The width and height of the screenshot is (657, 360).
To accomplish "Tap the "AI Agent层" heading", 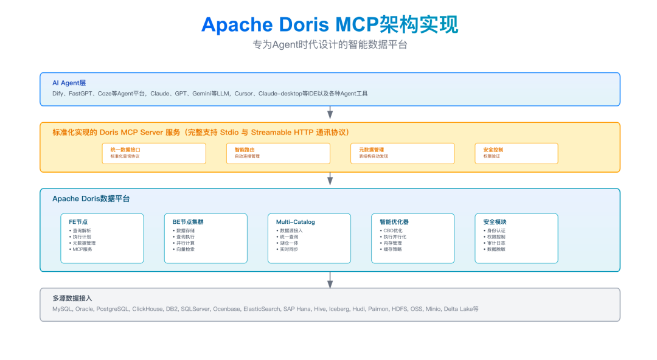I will [x=69, y=83].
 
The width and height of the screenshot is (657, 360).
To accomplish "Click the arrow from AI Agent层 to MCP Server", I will [x=330, y=113].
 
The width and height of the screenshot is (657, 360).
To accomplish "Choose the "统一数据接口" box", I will [x=154, y=153].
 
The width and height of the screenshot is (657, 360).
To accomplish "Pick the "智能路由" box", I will [x=278, y=153].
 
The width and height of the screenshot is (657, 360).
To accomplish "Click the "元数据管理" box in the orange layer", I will [x=402, y=153].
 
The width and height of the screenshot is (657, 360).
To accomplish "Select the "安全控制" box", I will [x=516, y=153].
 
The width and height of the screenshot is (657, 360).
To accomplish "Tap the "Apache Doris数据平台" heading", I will [x=91, y=199].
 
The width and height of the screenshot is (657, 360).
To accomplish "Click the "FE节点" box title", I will [x=78, y=222].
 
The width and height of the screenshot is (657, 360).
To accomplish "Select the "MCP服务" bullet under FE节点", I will [x=82, y=249].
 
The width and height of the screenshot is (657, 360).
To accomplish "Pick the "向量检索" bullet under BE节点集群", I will [x=186, y=249].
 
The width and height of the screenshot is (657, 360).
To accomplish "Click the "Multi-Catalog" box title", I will [x=296, y=222].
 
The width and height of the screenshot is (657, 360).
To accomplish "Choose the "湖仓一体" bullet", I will [x=289, y=243].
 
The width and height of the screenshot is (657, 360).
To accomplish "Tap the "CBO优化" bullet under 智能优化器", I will [x=392, y=231].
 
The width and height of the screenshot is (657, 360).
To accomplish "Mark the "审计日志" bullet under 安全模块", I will [x=495, y=243].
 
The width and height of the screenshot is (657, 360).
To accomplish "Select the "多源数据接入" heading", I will [x=72, y=298].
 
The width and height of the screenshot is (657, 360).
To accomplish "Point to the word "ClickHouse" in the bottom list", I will [x=147, y=309].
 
